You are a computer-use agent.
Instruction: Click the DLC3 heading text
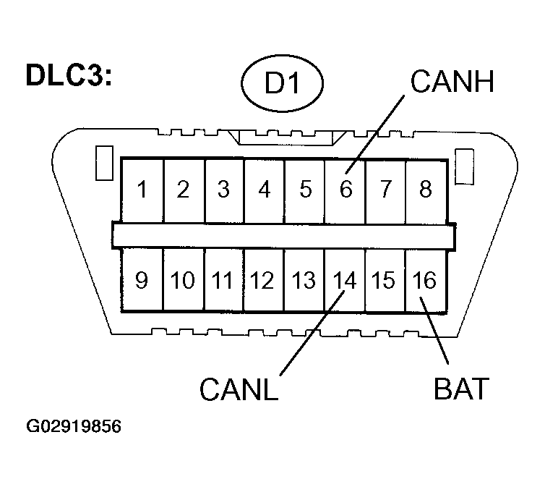(x=69, y=75)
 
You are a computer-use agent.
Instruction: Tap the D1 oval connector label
(x=282, y=83)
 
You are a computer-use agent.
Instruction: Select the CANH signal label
(x=452, y=81)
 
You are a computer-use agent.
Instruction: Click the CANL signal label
(x=239, y=389)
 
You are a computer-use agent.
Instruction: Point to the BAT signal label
(x=462, y=389)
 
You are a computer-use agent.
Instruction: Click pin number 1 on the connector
(x=142, y=190)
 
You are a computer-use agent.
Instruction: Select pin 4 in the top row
(x=265, y=190)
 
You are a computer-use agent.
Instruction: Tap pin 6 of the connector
(x=346, y=190)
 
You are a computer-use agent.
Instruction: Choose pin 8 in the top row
(x=426, y=190)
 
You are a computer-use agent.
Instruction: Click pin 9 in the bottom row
(x=142, y=280)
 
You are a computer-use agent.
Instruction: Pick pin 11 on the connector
(x=222, y=280)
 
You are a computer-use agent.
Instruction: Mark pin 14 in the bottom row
(x=345, y=280)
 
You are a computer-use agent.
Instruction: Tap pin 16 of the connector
(x=424, y=280)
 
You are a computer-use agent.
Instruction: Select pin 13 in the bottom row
(x=304, y=280)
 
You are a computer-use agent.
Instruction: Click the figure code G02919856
(x=74, y=426)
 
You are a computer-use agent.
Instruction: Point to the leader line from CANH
(x=374, y=135)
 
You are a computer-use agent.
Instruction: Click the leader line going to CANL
(x=312, y=334)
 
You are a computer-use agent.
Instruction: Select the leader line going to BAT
(x=434, y=331)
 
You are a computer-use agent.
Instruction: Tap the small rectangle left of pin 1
(x=104, y=163)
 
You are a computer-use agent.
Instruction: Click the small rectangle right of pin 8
(x=465, y=166)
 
